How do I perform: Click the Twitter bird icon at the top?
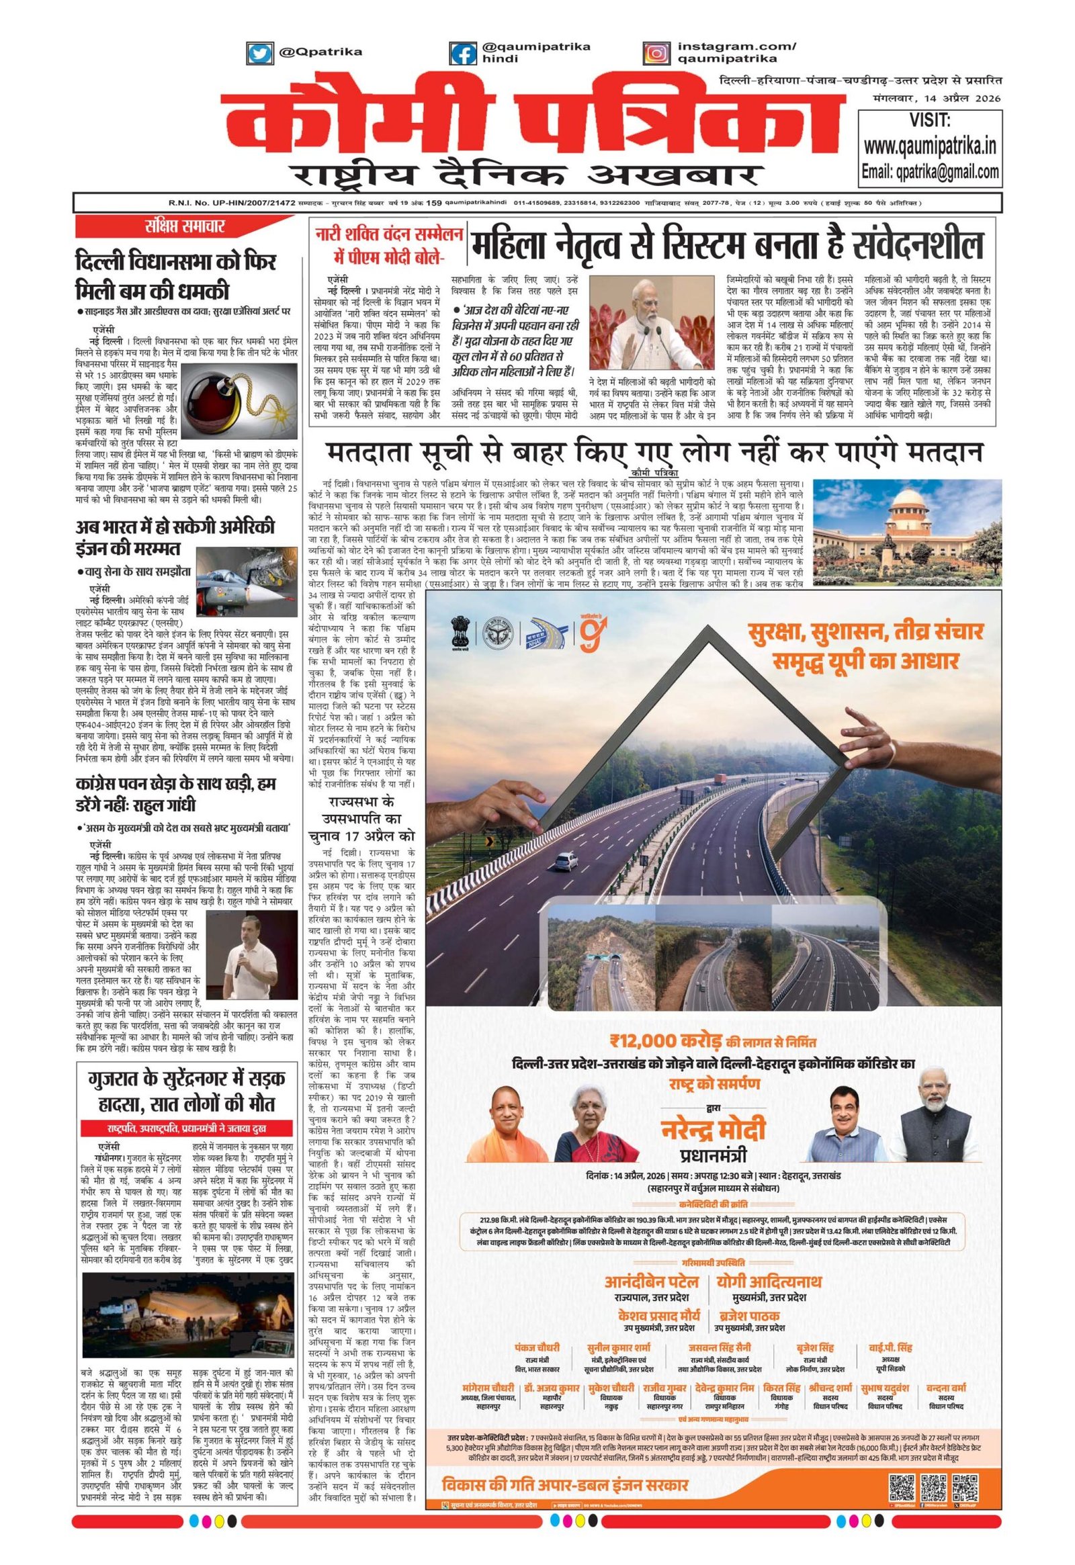pyautogui.click(x=257, y=52)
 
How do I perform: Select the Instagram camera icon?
pyautogui.click(x=656, y=52)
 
